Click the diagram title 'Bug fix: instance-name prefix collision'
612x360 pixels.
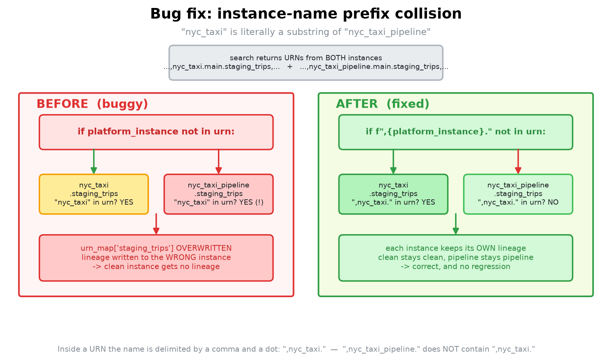pyautogui.click(x=306, y=14)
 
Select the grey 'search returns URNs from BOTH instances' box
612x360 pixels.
pyautogui.click(x=306, y=63)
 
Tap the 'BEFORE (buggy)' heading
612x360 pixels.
pyautogui.click(x=92, y=104)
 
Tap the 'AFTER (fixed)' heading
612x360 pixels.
pyautogui.click(x=382, y=104)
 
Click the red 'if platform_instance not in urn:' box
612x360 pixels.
pyautogui.click(x=156, y=132)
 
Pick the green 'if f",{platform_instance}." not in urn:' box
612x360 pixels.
pyautogui.click(x=455, y=132)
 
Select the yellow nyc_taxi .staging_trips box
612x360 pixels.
pyautogui.click(x=94, y=194)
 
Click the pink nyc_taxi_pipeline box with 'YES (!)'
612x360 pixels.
pyautogui.click(x=219, y=194)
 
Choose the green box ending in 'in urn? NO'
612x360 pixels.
pyautogui.click(x=518, y=194)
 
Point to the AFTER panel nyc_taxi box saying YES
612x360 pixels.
pyautogui.click(x=393, y=194)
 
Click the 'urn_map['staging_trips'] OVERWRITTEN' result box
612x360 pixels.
pyautogui.click(x=156, y=258)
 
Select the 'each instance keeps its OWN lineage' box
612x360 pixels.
pyautogui.click(x=455, y=258)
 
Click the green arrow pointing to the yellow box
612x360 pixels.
pyautogui.click(x=94, y=161)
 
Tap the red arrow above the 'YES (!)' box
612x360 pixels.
pyautogui.click(x=219, y=161)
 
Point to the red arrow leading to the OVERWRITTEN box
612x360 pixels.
pyautogui.click(x=156, y=224)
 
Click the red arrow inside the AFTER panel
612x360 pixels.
pyautogui.click(x=518, y=161)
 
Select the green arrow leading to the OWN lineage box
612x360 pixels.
pyautogui.click(x=455, y=224)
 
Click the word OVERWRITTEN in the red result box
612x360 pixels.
pyautogui.click(x=203, y=248)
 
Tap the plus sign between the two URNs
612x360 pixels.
pyautogui.click(x=290, y=67)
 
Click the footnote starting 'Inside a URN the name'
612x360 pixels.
pyautogui.click(x=296, y=349)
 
